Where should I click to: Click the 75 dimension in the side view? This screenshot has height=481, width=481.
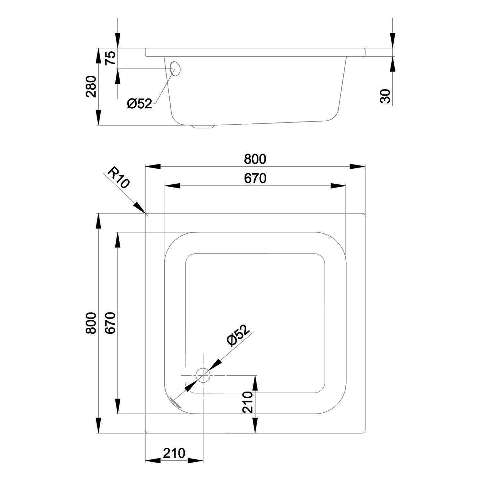pos(110,58)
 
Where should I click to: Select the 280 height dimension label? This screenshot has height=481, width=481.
pos(91,86)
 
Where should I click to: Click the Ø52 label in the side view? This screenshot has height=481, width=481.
pos(139,103)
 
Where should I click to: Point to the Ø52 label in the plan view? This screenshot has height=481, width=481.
pos(238,335)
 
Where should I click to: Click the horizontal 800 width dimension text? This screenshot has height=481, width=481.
pos(255,159)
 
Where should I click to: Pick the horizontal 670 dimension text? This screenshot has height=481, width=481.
pos(255,178)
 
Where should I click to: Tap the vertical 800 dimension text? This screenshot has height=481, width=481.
pos(91,323)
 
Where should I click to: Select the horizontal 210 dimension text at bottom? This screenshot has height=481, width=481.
pos(174,453)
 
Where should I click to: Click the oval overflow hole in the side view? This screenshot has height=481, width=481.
pos(175,68)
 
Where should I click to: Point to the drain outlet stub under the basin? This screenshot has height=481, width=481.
pos(203,127)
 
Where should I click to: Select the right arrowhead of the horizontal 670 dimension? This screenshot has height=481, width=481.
pos(338,186)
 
